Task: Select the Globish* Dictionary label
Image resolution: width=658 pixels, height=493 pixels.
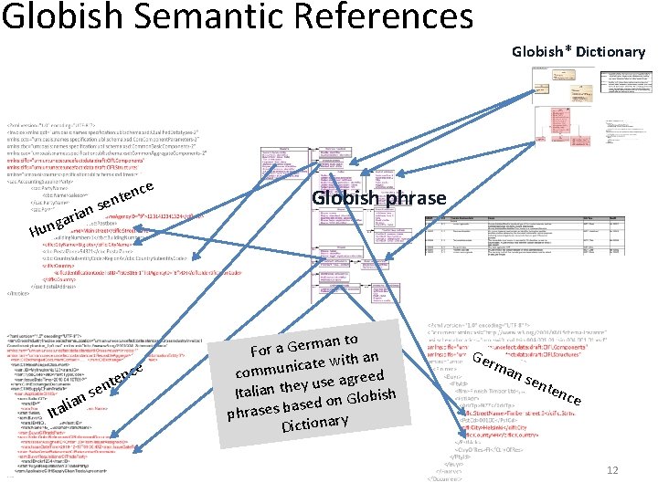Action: (x=578, y=51)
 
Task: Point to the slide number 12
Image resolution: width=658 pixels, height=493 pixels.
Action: (x=613, y=470)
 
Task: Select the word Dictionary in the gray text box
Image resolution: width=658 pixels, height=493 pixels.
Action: (x=315, y=421)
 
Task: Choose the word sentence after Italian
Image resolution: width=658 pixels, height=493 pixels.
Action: (x=122, y=382)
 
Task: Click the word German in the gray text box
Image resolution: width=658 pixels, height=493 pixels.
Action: (x=314, y=344)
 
